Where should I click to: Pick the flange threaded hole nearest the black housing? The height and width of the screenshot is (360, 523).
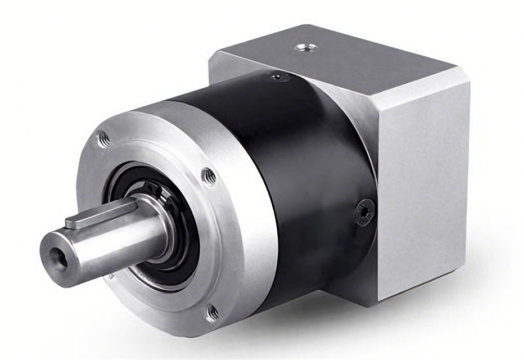click(x=208, y=175)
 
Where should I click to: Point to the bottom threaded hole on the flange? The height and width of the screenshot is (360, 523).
click(x=212, y=311)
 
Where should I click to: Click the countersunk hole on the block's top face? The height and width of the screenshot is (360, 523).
click(x=304, y=49)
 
